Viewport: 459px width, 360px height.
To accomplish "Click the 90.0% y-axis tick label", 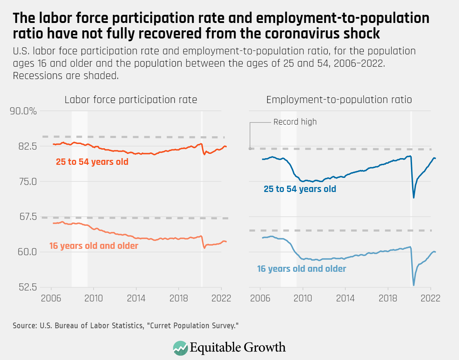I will coord(23,111).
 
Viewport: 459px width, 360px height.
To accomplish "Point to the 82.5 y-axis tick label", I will coord(28,146).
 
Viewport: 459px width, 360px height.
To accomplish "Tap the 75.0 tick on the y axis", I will coord(28,181).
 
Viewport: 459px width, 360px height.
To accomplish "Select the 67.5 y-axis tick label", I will coord(28,216).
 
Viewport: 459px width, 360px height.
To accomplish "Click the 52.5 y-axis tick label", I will coord(28,287).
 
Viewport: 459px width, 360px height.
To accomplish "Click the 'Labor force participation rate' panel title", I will coord(131,100).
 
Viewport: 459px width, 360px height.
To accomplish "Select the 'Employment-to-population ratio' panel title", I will coord(339,100).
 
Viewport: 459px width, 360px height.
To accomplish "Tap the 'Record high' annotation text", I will coord(295,122).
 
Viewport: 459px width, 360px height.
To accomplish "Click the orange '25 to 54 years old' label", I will coord(92,162).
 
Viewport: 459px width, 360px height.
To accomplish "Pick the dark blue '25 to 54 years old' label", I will coord(300,189).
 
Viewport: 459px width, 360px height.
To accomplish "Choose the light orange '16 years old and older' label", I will coord(94,246).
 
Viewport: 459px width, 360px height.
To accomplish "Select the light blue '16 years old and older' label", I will coord(302,269).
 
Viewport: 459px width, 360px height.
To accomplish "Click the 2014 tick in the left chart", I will coord(136,298).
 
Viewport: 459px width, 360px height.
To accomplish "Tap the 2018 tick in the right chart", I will coord(388,298).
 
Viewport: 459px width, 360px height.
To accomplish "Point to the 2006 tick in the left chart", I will coord(51,298).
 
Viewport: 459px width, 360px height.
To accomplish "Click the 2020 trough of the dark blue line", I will coord(413,197).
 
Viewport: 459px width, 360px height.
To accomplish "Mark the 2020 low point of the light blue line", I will coord(413,285).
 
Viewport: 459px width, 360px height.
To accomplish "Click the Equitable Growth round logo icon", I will coord(180,348).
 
